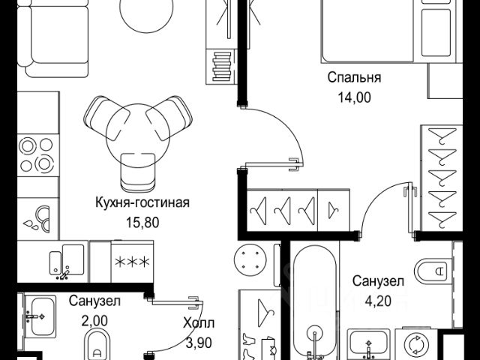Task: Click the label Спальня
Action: pyautogui.click(x=354, y=77)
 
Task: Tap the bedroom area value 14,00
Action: pyautogui.click(x=354, y=97)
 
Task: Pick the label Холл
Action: pyautogui.click(x=197, y=324)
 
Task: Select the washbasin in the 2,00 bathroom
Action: pyautogui.click(x=38, y=311)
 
